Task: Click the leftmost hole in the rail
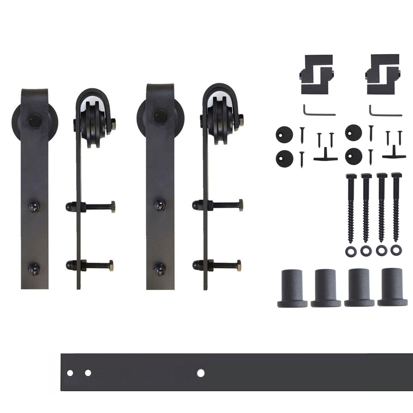tap(69, 373)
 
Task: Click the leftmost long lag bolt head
tap(351, 176)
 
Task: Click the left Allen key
tap(317, 111)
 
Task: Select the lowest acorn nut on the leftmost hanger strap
tap(33, 268)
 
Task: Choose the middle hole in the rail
tap(88, 373)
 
